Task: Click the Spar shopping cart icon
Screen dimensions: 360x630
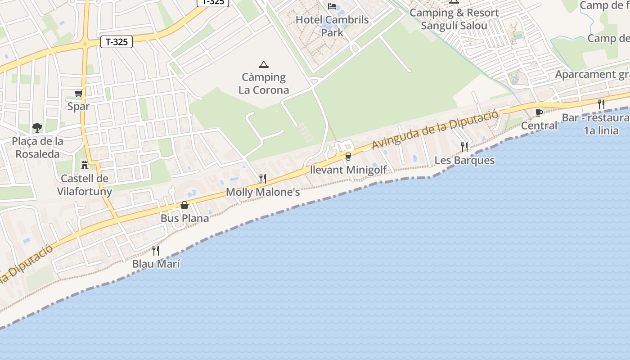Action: pos(79,94)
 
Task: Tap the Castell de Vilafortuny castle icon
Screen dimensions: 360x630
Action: pos(84,165)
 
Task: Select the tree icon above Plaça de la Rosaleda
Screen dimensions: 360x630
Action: pos(37,128)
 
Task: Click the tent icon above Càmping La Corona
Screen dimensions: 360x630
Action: pos(264,64)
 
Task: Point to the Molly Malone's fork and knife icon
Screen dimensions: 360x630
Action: pos(263,179)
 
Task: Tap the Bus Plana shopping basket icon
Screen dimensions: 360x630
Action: pos(184,206)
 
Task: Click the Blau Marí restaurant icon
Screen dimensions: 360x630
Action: pos(156,251)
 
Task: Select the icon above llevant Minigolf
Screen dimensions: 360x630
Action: pos(348,157)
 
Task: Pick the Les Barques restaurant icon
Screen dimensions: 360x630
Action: pos(464,147)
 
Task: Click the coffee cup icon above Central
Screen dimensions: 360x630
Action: pos(539,112)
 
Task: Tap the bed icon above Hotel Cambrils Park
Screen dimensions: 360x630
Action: pos(332,6)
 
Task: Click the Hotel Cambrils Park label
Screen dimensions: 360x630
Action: pos(332,26)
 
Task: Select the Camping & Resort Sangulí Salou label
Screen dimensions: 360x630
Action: pos(454,19)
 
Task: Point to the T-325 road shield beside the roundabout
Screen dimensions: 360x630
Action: pos(117,42)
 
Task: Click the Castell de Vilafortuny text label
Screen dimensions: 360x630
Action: pos(85,185)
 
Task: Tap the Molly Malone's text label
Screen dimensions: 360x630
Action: pos(263,192)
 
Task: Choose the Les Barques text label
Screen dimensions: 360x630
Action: pos(464,160)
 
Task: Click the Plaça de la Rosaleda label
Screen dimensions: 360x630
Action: pos(38,148)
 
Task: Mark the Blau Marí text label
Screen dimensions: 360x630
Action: pos(156,264)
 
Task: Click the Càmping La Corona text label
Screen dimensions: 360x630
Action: pos(264,84)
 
